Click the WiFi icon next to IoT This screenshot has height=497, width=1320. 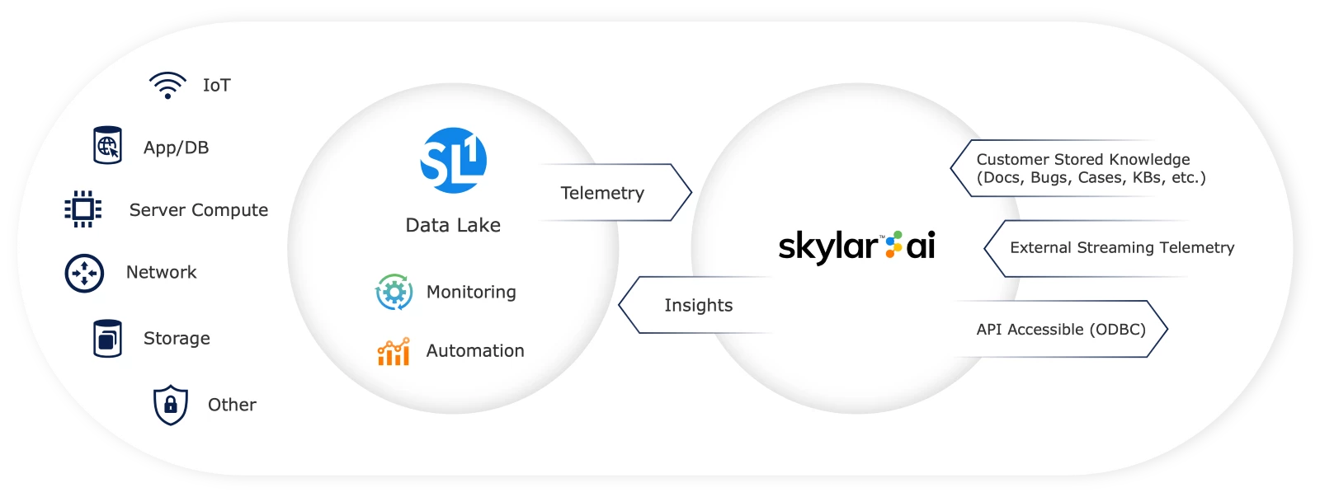pyautogui.click(x=167, y=85)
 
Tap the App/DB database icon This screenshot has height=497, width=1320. pyautogui.click(x=107, y=146)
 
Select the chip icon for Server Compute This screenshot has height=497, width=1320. pyautogui.click(x=83, y=209)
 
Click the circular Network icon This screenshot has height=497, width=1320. pyautogui.click(x=84, y=273)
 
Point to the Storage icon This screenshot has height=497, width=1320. pyautogui.click(x=107, y=339)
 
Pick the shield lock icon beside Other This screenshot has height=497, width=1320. pyautogui.click(x=171, y=405)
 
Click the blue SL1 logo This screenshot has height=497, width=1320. pyautogui.click(x=453, y=161)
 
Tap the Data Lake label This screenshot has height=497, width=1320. pyautogui.click(x=453, y=225)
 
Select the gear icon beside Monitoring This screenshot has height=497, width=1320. pyautogui.click(x=394, y=293)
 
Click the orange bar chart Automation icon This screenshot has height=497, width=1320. pyautogui.click(x=394, y=352)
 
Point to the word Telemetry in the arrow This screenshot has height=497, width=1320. pyautogui.click(x=602, y=193)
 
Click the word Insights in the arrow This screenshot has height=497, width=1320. pyautogui.click(x=698, y=305)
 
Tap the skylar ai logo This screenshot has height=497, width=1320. pyautogui.click(x=856, y=246)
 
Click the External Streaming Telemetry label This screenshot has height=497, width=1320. pyautogui.click(x=1122, y=247)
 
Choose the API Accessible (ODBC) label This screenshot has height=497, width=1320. pyautogui.click(x=1061, y=329)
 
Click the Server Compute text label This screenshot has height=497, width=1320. pyautogui.click(x=199, y=210)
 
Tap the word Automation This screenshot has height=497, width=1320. pyautogui.click(x=475, y=351)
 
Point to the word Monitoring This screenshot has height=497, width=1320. pyautogui.click(x=471, y=292)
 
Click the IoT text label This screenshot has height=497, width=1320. pyautogui.click(x=217, y=85)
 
